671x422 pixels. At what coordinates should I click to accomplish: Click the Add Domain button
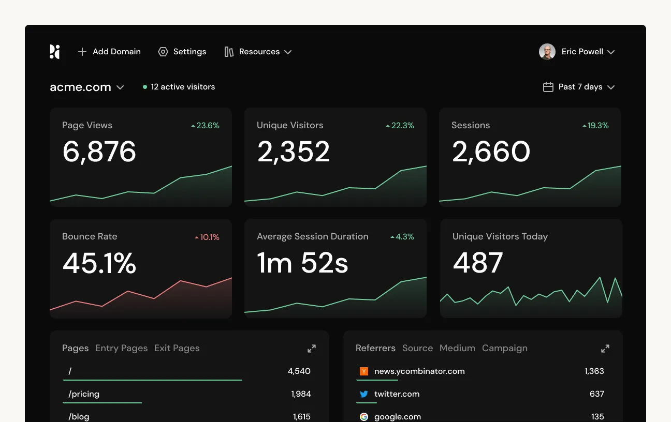pos(109,52)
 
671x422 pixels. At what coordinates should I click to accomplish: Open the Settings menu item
pos(182,52)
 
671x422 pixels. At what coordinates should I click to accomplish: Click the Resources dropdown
pos(258,52)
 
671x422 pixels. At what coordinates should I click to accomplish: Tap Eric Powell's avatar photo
pos(547,52)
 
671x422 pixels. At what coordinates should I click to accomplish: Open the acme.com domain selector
pos(86,87)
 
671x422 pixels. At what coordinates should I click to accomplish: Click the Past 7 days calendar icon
pos(548,87)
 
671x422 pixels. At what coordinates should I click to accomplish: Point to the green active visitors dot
pos(145,87)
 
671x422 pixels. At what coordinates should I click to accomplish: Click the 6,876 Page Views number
pos(99,152)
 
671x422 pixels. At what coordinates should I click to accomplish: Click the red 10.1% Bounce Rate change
pos(207,237)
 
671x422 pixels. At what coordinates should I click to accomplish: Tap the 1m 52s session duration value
pos(302,263)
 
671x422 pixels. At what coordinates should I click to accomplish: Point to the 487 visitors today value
pos(477,263)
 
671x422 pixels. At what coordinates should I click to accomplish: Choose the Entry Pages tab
pos(121,348)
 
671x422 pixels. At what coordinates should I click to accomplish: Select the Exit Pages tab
pos(177,348)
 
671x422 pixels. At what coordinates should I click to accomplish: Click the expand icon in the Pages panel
pos(312,349)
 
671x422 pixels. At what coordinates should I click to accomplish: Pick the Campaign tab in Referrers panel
pos(504,348)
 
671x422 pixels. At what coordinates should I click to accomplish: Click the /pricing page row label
pos(84,394)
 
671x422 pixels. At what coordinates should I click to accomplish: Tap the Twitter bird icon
pos(364,394)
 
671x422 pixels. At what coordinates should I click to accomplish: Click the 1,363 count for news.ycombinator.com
pos(594,371)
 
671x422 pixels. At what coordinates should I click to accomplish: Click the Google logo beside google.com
pos(364,416)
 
